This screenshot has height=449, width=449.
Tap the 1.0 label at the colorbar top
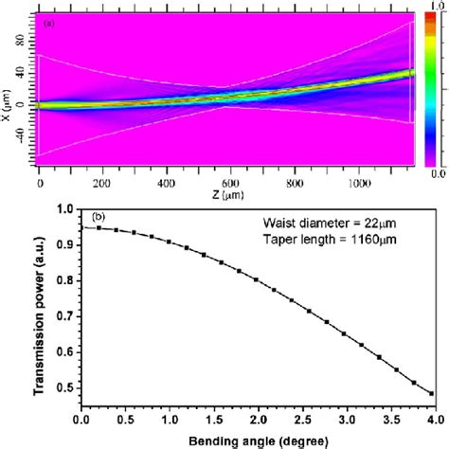pyautogui.click(x=437, y=7)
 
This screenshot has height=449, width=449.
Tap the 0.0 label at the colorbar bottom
pyautogui.click(x=437, y=173)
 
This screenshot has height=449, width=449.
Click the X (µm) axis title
pyautogui.click(x=8, y=95)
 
